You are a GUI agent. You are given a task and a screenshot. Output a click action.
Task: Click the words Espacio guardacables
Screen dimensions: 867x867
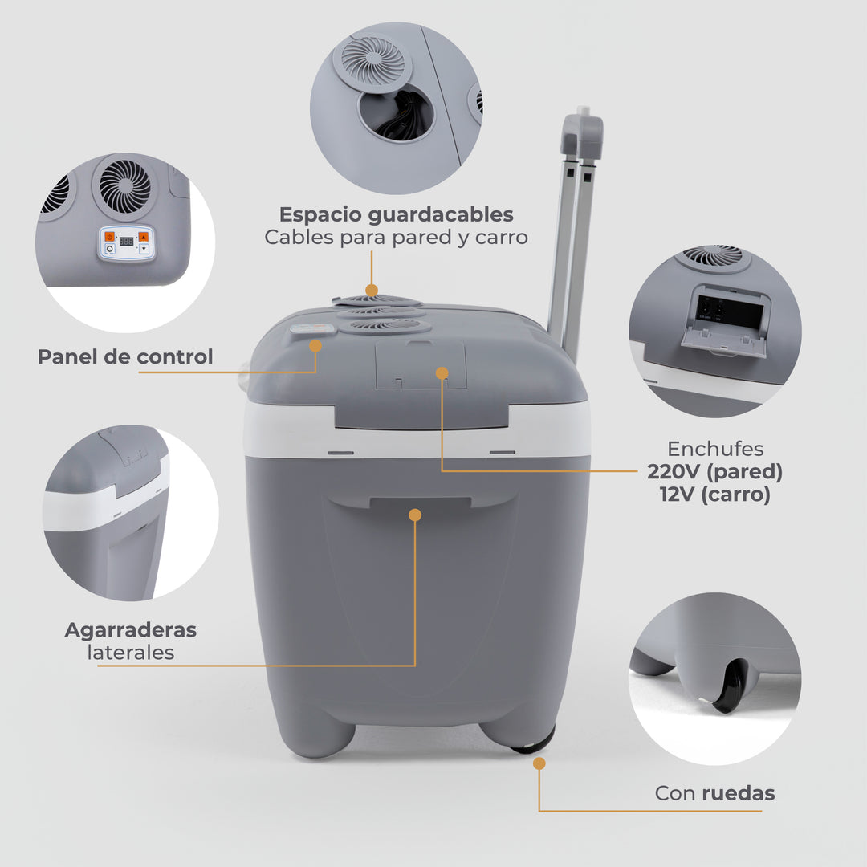[x=396, y=214]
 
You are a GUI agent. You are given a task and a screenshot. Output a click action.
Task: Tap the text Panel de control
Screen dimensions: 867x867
[x=125, y=356]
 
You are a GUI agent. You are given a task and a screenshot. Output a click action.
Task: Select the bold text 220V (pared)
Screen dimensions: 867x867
[x=714, y=471]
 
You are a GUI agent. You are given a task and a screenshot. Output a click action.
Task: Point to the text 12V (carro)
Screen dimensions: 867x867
[x=714, y=495]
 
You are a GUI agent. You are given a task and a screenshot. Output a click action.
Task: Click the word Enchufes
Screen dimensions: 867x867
[x=714, y=449]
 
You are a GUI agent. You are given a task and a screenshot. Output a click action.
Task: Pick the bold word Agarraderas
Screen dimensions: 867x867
[x=130, y=629]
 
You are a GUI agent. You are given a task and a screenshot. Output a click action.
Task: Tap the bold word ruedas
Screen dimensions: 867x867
[x=738, y=793]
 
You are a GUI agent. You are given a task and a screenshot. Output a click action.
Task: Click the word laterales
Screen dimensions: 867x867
[x=130, y=653]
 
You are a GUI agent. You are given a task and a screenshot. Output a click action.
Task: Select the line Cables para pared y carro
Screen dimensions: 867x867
[x=396, y=238]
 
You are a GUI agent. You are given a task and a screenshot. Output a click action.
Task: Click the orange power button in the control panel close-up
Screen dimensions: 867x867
[x=110, y=237]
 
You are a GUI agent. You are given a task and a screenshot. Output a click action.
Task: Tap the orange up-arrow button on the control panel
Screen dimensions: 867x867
[x=144, y=236]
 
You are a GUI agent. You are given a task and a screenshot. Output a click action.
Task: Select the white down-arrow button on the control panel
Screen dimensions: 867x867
[x=144, y=250]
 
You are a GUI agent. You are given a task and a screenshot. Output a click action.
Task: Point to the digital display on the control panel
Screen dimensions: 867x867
[x=126, y=240]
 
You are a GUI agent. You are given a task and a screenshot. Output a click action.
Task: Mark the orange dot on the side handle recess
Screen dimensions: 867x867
[x=415, y=515]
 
